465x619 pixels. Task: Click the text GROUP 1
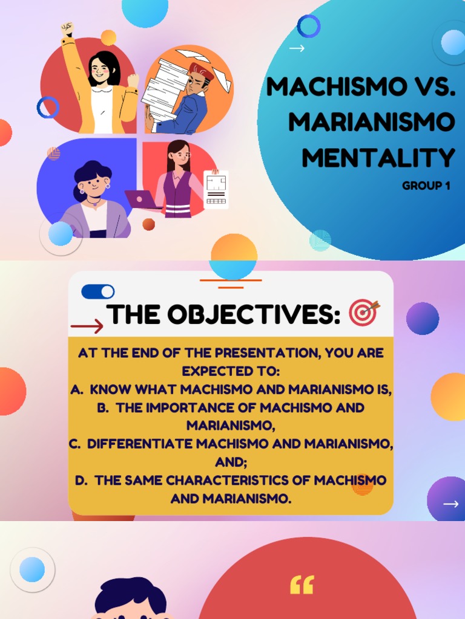[426, 186]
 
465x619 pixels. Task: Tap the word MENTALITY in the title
[378, 158]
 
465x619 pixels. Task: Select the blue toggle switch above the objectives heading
[97, 292]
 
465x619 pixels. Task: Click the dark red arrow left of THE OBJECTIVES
[87, 327]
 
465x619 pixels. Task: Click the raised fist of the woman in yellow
[67, 28]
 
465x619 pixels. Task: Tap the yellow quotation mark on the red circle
[302, 585]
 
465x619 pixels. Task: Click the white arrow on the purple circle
[450, 504]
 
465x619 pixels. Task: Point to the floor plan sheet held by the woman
[216, 189]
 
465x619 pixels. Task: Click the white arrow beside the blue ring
[297, 48]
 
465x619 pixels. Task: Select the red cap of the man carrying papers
[201, 71]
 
